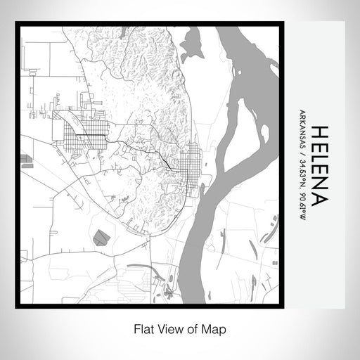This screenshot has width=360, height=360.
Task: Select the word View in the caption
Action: click(x=165, y=328)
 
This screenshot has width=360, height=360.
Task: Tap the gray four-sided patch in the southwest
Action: click(x=101, y=238)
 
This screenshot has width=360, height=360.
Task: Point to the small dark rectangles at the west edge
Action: click(x=27, y=161)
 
